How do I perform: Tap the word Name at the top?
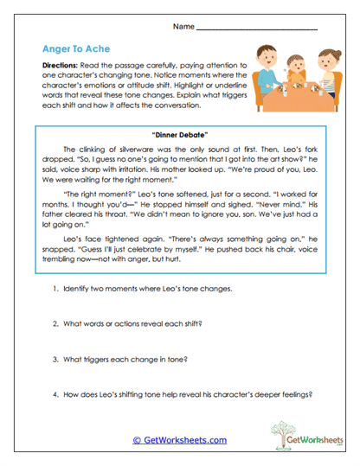coord(183,26)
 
